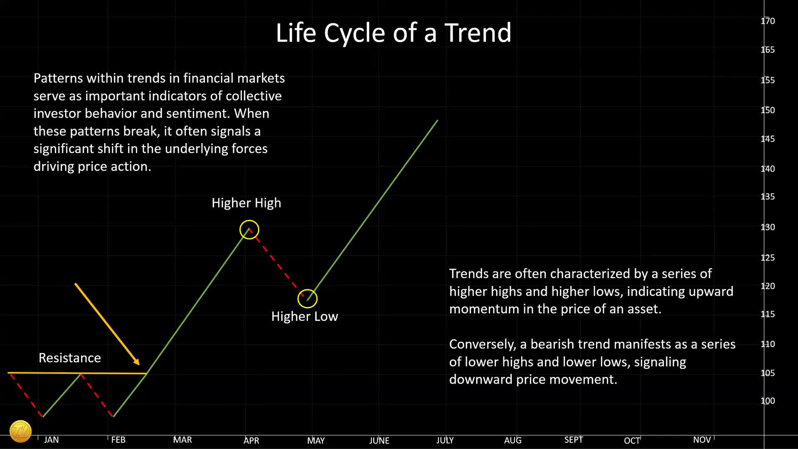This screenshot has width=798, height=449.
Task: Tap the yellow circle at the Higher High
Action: pos(249,221)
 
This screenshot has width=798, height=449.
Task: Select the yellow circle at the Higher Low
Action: pos(308,290)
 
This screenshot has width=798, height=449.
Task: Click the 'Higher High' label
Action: pos(246,203)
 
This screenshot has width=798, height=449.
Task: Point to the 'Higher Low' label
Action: pos(305,316)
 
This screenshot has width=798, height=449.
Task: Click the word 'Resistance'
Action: pos(70,358)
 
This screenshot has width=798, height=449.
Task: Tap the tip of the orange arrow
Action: pos(140,365)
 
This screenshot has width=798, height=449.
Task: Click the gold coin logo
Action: pos(20,431)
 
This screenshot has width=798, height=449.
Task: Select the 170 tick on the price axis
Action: pos(768,21)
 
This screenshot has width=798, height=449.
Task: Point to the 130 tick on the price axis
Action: pos(768,227)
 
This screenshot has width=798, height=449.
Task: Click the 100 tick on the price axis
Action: pos(768,401)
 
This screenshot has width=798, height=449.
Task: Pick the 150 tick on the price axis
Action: pos(768,110)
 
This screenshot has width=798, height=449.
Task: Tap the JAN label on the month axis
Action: pos(52,440)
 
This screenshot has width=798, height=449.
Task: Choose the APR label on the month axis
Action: pos(251,440)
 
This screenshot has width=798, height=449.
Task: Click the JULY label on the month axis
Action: pos(445,440)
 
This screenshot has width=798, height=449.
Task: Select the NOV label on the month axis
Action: pos(702,440)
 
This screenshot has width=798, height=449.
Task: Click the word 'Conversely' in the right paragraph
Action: pos(483,345)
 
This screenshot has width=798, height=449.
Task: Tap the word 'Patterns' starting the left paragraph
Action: pos(58,78)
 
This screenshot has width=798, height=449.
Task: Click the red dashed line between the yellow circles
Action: pos(278,263)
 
